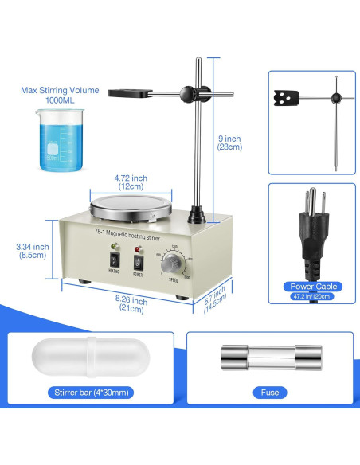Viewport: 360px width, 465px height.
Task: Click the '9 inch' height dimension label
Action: tap(232, 142)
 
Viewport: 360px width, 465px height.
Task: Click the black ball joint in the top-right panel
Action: tap(336, 99)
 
